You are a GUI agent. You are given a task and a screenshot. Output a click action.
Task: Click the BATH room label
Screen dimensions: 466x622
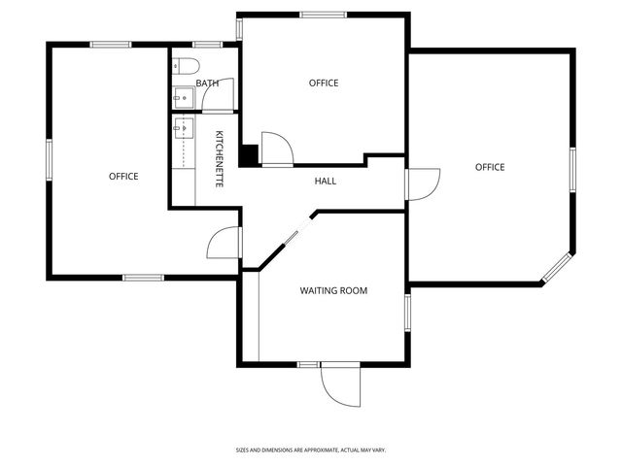pyautogui.click(x=207, y=83)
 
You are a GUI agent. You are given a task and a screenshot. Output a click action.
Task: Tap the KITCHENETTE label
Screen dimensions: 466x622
pyautogui.click(x=220, y=158)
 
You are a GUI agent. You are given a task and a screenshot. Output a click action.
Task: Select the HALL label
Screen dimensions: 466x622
pyautogui.click(x=327, y=182)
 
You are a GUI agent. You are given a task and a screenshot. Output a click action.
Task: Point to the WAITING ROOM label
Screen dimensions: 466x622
pyautogui.click(x=333, y=290)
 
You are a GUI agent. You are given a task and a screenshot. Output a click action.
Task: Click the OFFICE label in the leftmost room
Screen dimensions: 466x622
pyautogui.click(x=123, y=176)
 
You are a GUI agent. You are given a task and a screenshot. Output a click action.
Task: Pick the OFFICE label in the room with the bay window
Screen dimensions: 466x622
pyautogui.click(x=490, y=167)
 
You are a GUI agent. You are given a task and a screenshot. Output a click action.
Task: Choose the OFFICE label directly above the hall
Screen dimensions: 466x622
pyautogui.click(x=324, y=83)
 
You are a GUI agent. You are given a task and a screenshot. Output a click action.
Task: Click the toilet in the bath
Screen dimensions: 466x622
pyautogui.click(x=186, y=67)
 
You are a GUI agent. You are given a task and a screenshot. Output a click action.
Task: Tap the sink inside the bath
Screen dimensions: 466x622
pyautogui.click(x=181, y=96)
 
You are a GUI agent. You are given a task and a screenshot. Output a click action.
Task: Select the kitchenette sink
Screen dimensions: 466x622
pyautogui.click(x=182, y=128)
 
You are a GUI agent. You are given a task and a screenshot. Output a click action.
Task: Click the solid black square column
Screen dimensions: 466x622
pyautogui.click(x=250, y=155)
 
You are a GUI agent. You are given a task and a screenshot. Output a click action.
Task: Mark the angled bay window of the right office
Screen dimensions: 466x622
pyautogui.click(x=557, y=268)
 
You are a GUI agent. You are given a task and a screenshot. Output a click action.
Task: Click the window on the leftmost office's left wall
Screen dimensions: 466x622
pyautogui.click(x=49, y=160)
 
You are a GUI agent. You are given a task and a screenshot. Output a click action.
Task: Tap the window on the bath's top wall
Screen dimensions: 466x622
pyautogui.click(x=205, y=45)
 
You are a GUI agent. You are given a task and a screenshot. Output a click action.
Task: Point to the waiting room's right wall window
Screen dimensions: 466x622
pyautogui.click(x=408, y=310)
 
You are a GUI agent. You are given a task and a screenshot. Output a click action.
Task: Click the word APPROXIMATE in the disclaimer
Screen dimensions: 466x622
pyautogui.click(x=320, y=449)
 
